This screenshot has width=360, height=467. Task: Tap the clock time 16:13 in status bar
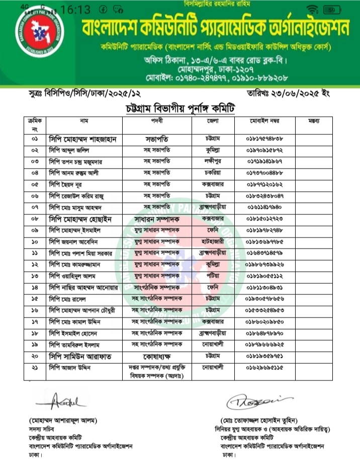click(75, 10)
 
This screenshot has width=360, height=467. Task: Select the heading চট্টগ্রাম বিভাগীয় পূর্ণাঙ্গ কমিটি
click(180, 109)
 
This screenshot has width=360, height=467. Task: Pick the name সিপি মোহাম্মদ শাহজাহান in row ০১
click(83, 139)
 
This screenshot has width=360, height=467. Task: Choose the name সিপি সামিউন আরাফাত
click(80, 356)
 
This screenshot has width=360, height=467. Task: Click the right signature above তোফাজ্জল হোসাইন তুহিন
click(251, 401)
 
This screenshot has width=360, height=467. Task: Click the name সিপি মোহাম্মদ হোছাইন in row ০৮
click(80, 219)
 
